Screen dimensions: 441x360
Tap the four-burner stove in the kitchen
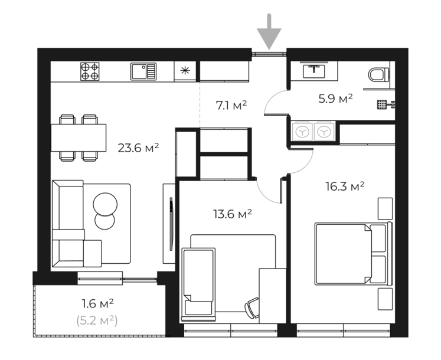click(x=90, y=71)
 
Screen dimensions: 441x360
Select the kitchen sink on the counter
click(x=143, y=71)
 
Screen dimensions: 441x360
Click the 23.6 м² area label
click(x=138, y=148)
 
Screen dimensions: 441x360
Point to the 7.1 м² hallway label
click(x=231, y=106)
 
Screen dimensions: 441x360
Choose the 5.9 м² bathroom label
click(x=335, y=99)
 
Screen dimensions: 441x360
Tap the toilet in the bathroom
click(x=379, y=75)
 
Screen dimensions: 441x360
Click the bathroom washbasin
click(x=314, y=71)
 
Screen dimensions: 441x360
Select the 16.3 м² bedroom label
click(x=345, y=186)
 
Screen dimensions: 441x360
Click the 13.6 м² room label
click(x=233, y=214)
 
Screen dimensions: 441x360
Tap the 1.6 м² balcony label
click(x=97, y=304)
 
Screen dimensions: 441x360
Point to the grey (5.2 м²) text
click(x=97, y=320)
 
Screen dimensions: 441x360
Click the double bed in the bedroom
click(x=354, y=254)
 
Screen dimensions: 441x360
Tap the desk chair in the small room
click(x=252, y=307)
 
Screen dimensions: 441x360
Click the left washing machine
click(x=302, y=131)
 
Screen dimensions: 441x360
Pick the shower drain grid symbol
click(x=381, y=104)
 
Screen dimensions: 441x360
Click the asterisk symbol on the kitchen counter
click(x=185, y=71)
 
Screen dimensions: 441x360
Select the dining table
click(x=79, y=138)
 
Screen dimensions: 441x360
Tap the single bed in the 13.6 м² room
click(x=198, y=284)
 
